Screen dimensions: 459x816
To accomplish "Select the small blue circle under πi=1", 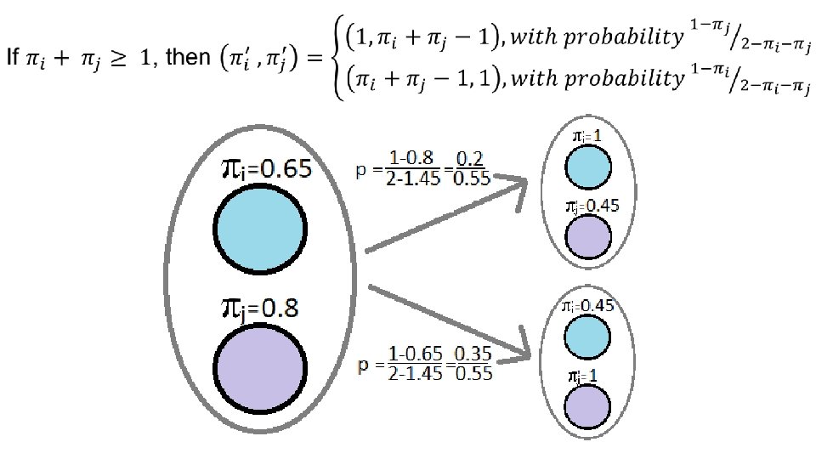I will pos(589,165).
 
